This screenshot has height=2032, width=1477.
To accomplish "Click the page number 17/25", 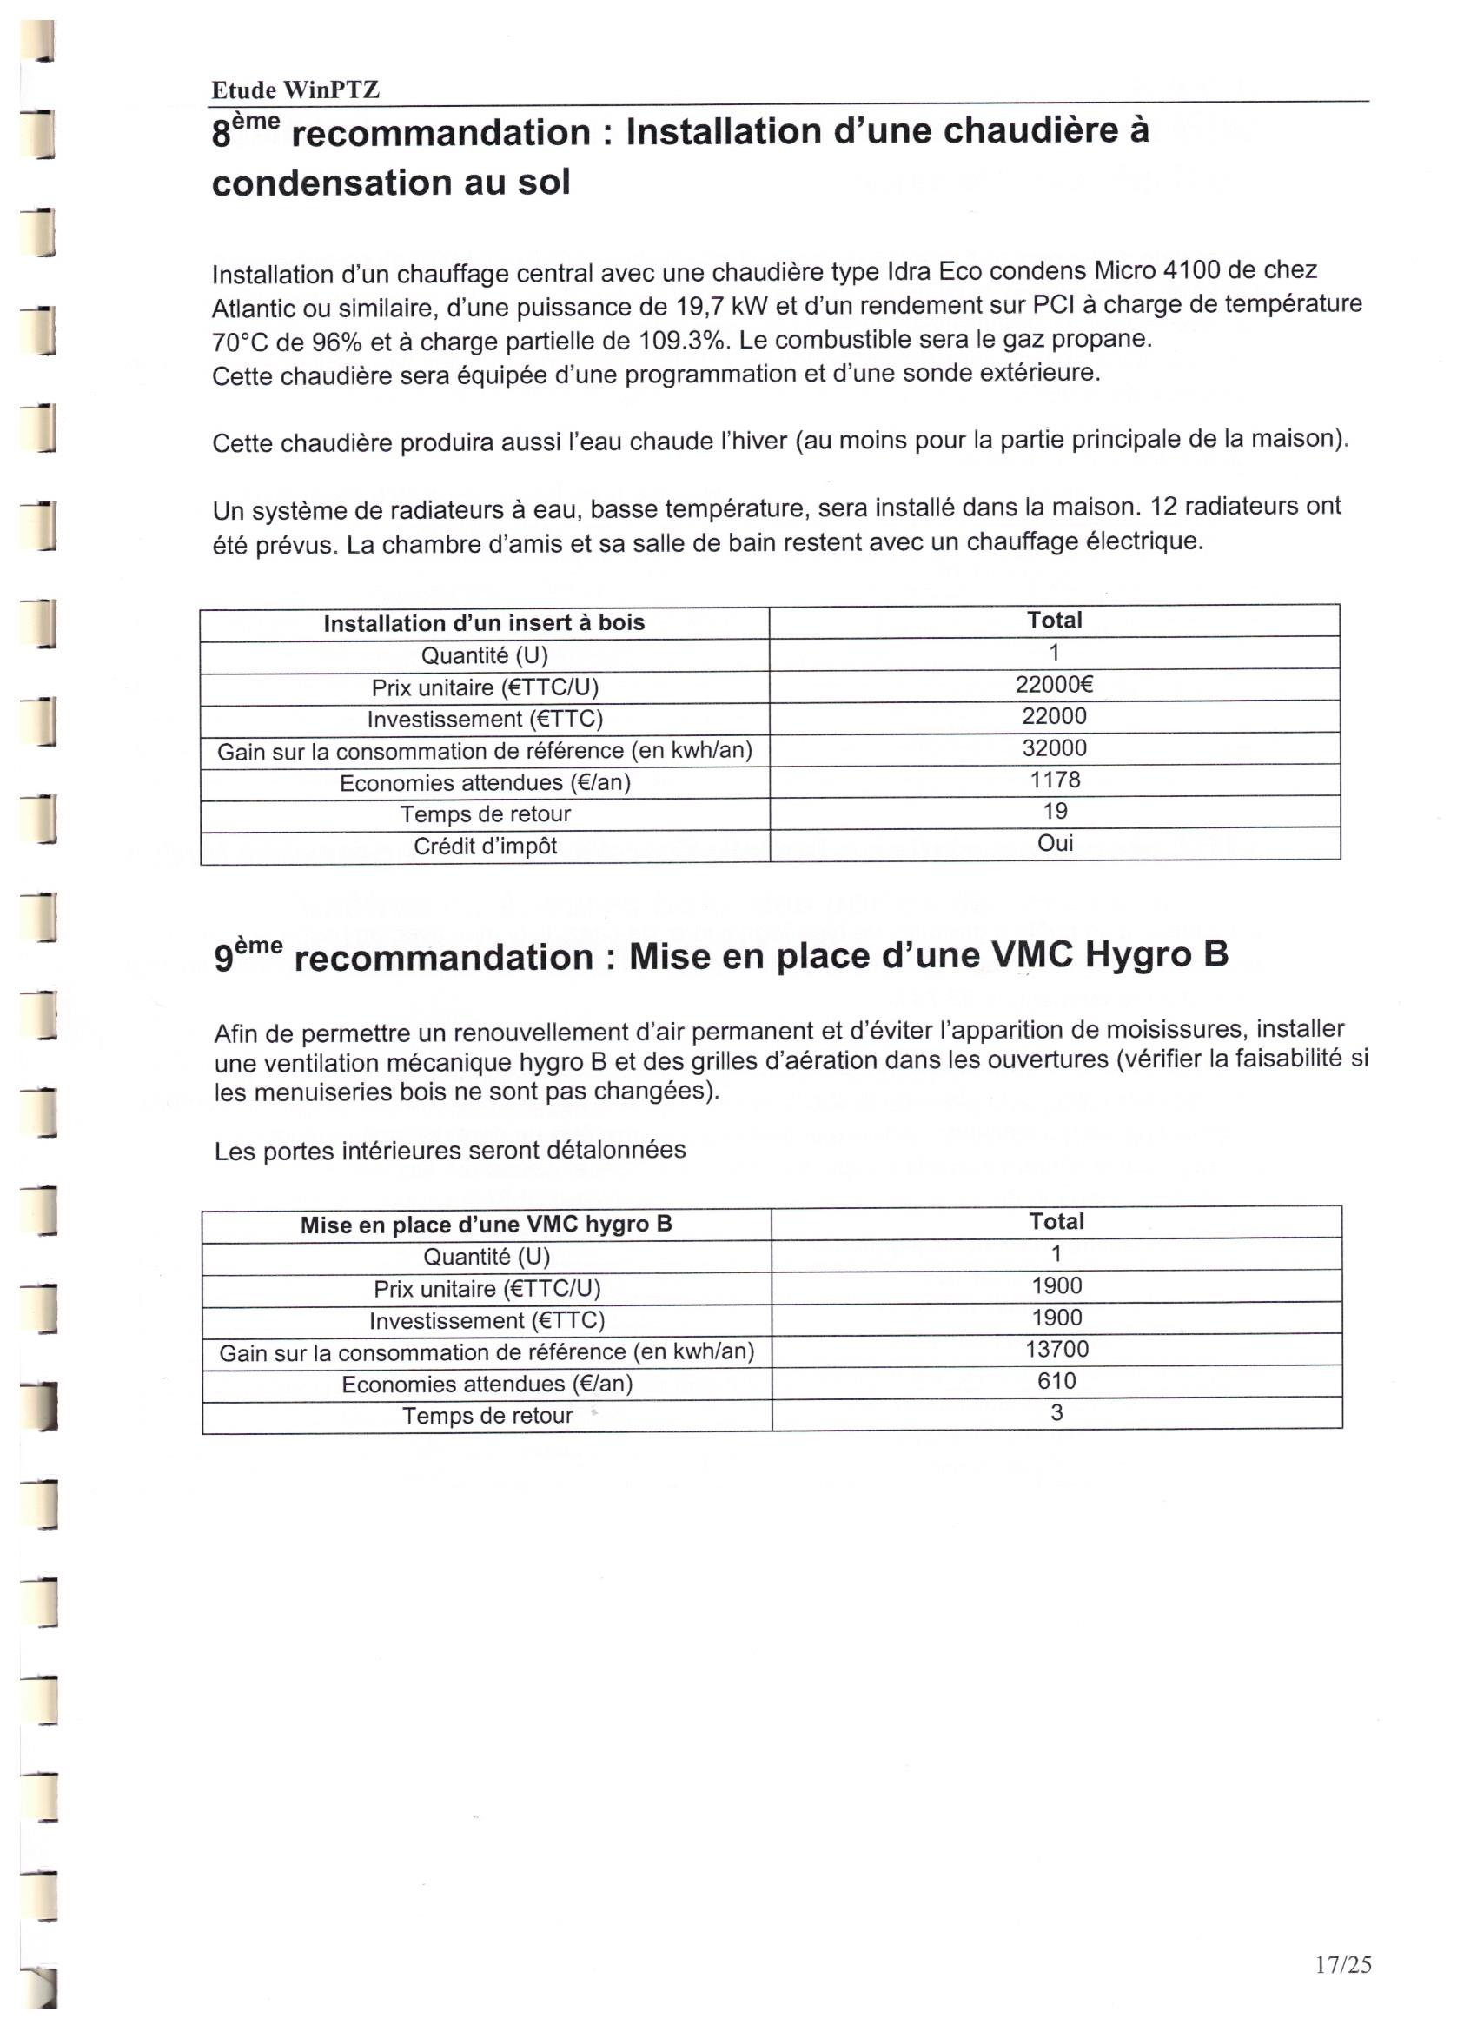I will (1342, 1964).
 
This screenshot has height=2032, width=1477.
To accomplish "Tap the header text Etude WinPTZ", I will (295, 90).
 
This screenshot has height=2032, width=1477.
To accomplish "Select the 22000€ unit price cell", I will (1054, 686).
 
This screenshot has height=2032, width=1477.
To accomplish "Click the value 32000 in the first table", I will (1054, 748).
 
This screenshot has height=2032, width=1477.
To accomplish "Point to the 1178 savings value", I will (1055, 780).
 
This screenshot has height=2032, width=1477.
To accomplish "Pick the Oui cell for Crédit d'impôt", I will (1055, 843).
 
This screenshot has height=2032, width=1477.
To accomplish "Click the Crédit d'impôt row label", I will (485, 846).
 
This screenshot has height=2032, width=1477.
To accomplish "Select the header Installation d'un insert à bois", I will (484, 622).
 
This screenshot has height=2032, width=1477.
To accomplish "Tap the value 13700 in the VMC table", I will (1056, 1349).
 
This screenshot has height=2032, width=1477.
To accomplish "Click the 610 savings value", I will (1056, 1381).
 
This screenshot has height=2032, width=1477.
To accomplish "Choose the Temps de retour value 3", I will (1056, 1413).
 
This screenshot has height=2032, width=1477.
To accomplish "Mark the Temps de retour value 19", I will (1055, 811).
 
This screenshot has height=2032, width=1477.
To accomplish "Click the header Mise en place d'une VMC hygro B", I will (486, 1225).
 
